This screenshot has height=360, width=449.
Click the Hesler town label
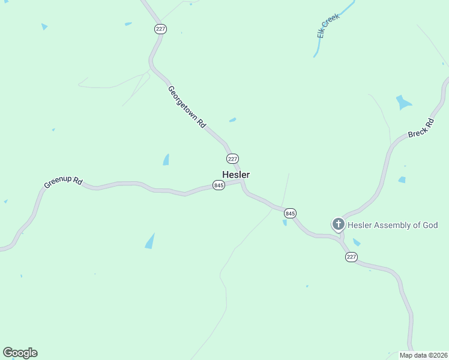[236, 175]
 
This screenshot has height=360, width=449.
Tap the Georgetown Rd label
[187, 107]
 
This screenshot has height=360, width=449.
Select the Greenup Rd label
[62, 182]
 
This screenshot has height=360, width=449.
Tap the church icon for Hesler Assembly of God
[339, 225]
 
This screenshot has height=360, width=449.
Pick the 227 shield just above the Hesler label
[233, 158]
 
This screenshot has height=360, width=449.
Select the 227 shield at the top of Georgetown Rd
[160, 29]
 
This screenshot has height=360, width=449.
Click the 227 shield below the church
[352, 257]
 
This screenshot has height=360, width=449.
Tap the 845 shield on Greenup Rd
[218, 186]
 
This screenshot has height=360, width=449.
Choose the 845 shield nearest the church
[291, 213]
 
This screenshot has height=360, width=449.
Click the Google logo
[20, 353]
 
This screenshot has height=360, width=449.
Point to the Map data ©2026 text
[423, 355]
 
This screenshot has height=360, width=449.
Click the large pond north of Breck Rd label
[403, 103]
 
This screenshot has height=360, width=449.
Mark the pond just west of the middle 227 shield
[166, 160]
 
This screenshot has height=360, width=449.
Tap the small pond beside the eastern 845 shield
[285, 223]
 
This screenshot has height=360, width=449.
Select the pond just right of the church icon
[357, 242]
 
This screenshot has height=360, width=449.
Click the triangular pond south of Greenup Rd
[150, 241]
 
